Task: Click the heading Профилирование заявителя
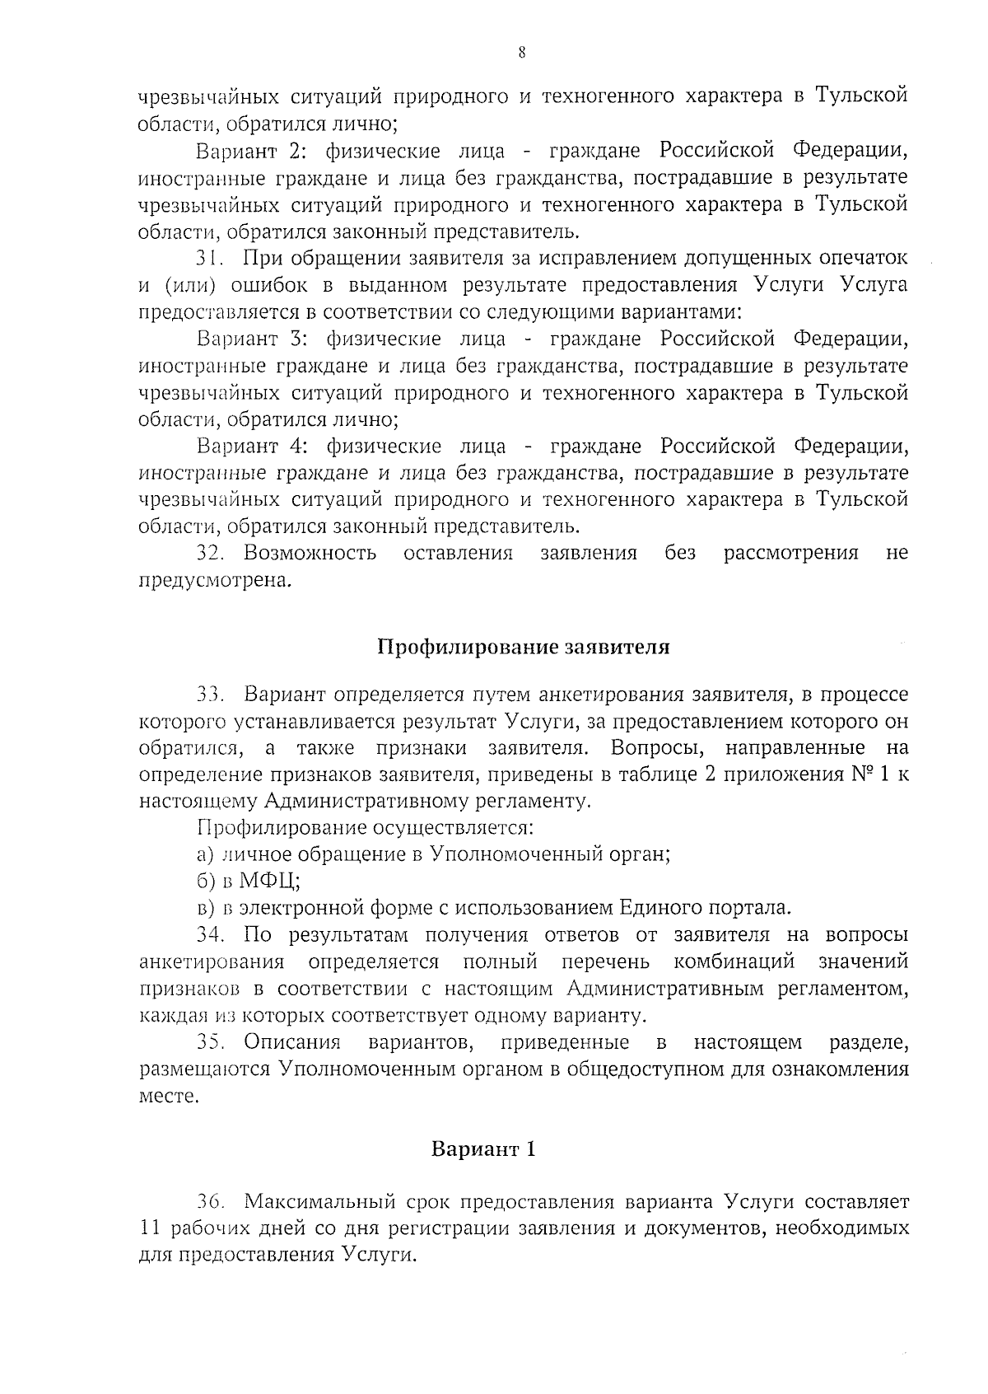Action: [x=523, y=647]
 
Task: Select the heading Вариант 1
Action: [x=484, y=1149]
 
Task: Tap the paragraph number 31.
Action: [x=210, y=258]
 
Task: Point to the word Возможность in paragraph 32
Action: [x=310, y=553]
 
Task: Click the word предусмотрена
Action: [x=216, y=581]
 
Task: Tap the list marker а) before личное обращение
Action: [x=206, y=854]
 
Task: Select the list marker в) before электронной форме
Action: [x=206, y=908]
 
